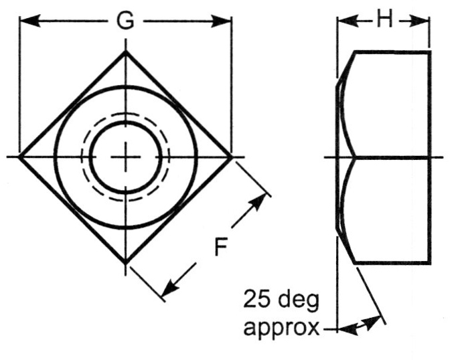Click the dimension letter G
(x=125, y=21)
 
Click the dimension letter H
(x=384, y=20)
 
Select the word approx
(x=281, y=328)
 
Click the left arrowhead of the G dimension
(x=29, y=21)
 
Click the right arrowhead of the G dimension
(x=223, y=21)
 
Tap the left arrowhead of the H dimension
(x=343, y=21)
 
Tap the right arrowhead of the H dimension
(x=423, y=21)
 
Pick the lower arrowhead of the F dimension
(x=169, y=286)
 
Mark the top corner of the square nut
(x=125, y=52)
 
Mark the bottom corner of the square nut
(x=125, y=262)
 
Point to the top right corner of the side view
(x=429, y=52)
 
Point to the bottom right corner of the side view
(x=429, y=262)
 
